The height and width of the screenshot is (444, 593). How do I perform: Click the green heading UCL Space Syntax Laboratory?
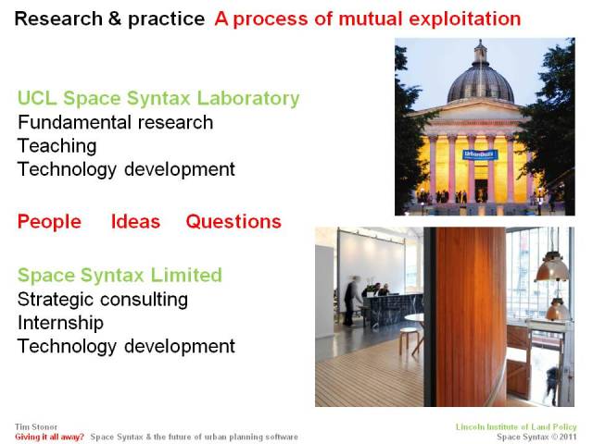[x=158, y=98]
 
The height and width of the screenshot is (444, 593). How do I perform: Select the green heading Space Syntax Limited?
[x=120, y=275]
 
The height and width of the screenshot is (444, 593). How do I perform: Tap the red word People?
[x=49, y=222]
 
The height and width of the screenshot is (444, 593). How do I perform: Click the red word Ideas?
[x=135, y=222]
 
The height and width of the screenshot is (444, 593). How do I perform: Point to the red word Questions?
[x=233, y=222]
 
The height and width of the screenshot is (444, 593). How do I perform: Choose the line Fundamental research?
[x=115, y=122]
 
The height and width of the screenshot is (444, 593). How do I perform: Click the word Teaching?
[x=57, y=146]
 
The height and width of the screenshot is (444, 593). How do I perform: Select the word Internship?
[x=60, y=323]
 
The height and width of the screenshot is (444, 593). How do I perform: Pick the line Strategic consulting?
[x=103, y=299]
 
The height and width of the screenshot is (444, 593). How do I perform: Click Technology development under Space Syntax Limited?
[x=126, y=347]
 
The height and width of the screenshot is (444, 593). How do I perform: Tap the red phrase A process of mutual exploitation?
[x=367, y=18]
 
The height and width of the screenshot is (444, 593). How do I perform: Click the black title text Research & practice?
[x=110, y=18]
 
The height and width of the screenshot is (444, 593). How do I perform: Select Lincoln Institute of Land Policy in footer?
[x=515, y=426]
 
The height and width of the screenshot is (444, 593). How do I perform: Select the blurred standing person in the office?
[x=351, y=301]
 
